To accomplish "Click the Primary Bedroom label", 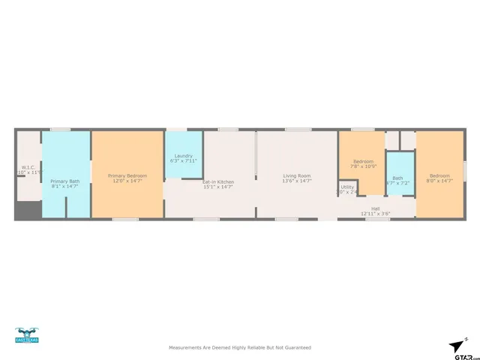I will [x=127, y=175].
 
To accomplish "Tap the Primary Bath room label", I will [x=64, y=181].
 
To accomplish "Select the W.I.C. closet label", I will [x=28, y=167].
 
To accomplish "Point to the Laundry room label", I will [x=183, y=156].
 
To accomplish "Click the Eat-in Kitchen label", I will [x=217, y=181].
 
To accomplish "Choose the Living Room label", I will [x=297, y=175].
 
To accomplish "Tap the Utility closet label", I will [x=347, y=187].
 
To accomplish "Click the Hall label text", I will [x=375, y=208].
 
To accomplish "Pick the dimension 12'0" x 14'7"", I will [x=127, y=181].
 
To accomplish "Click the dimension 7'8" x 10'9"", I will [x=364, y=166].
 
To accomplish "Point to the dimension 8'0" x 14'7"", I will [x=439, y=181].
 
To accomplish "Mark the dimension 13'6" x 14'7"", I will [x=297, y=181].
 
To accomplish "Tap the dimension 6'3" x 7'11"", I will [x=183, y=161].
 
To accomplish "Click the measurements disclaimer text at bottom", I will [x=239, y=347].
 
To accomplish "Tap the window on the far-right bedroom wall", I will [x=465, y=171].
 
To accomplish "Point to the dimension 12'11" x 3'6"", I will [x=375, y=214].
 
